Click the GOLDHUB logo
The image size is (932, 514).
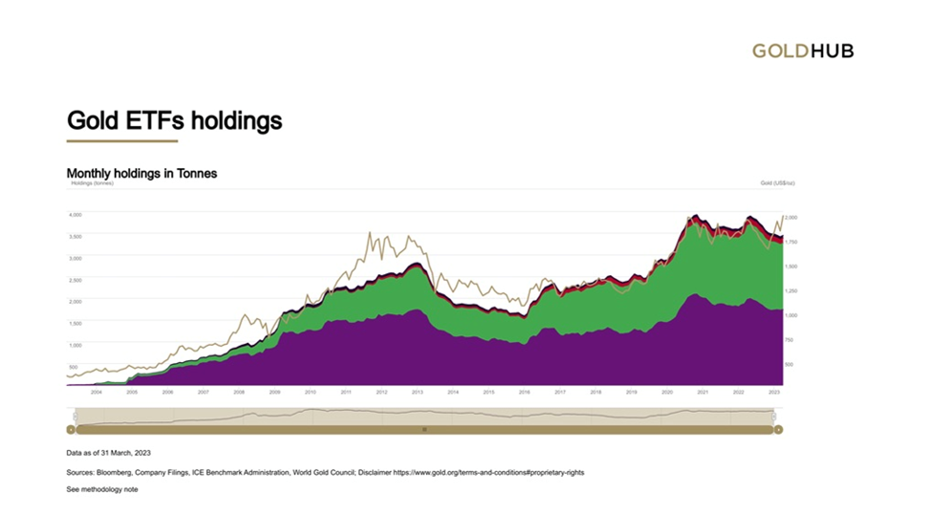802,51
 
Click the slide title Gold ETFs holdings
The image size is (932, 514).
174,120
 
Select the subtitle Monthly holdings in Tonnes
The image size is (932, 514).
141,173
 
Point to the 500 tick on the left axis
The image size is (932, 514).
73,366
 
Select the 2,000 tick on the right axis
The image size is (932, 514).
791,218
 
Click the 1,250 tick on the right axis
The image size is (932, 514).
791,290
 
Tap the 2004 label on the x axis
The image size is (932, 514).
96,392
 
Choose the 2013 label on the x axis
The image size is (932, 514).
417,392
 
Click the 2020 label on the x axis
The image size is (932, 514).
666,392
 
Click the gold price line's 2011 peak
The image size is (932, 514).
369,233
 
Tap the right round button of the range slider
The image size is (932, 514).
778,430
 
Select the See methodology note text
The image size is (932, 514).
102,489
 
